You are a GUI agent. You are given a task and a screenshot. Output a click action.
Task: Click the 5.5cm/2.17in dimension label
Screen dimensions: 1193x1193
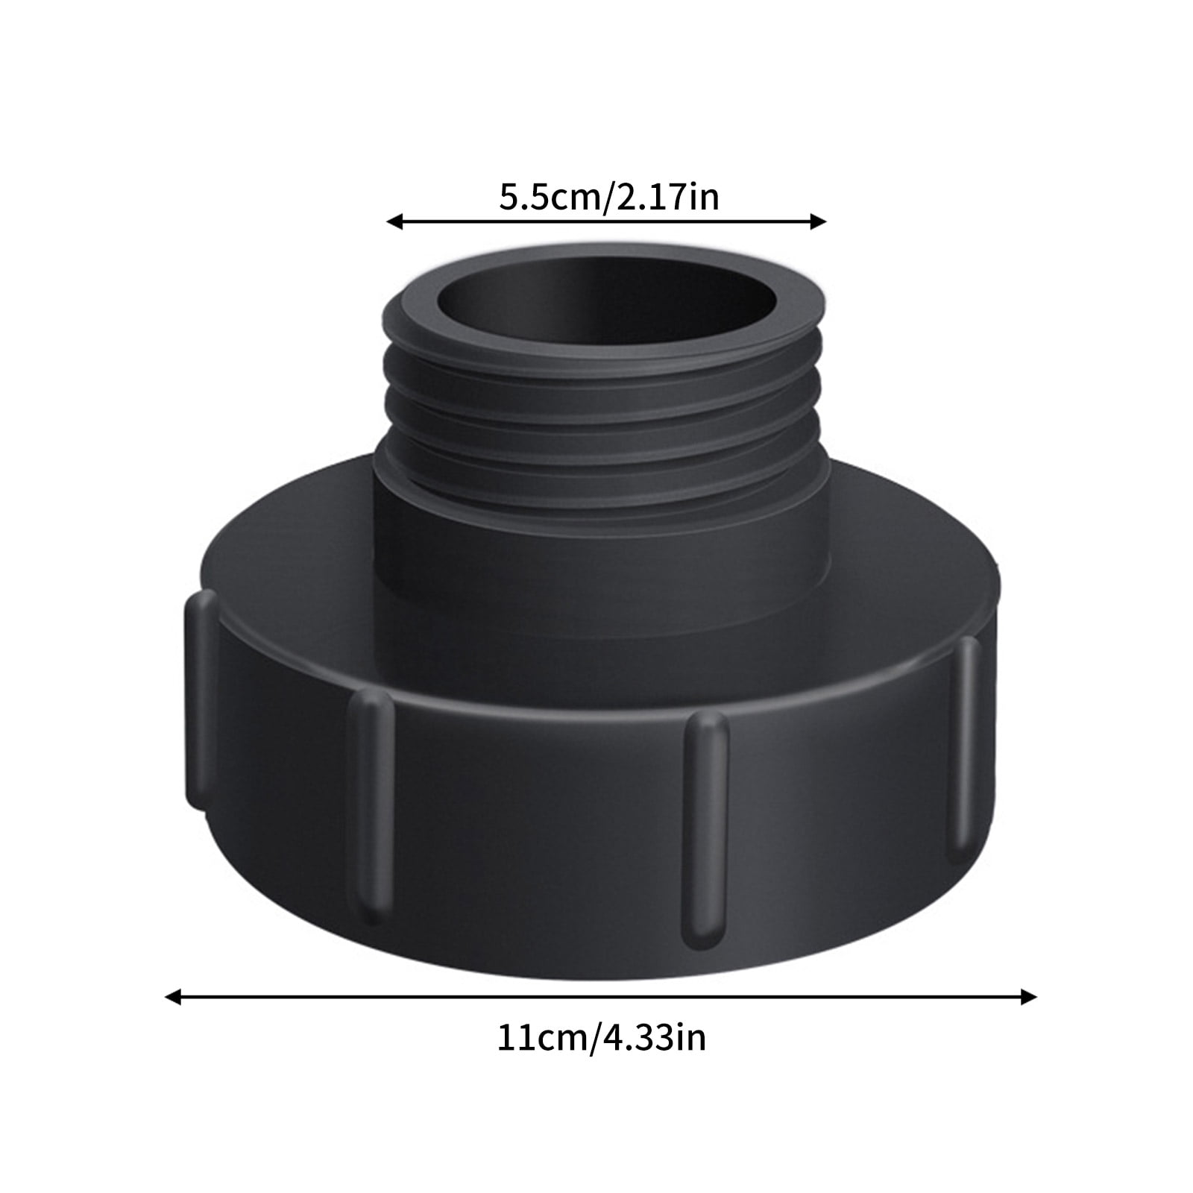click(608, 198)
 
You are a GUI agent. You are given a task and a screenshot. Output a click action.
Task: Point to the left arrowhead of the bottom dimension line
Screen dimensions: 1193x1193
click(172, 997)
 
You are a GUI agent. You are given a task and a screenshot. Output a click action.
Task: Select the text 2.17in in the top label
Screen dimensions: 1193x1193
click(666, 198)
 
